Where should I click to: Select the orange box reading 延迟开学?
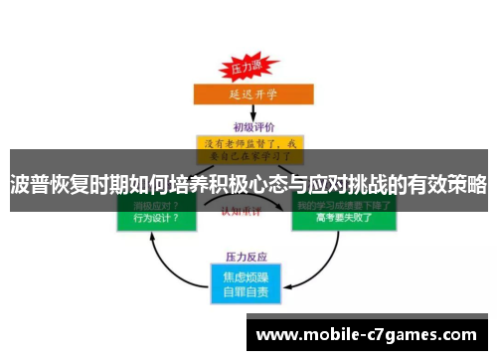coord(246,95)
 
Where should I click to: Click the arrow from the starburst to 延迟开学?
coord(246,81)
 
